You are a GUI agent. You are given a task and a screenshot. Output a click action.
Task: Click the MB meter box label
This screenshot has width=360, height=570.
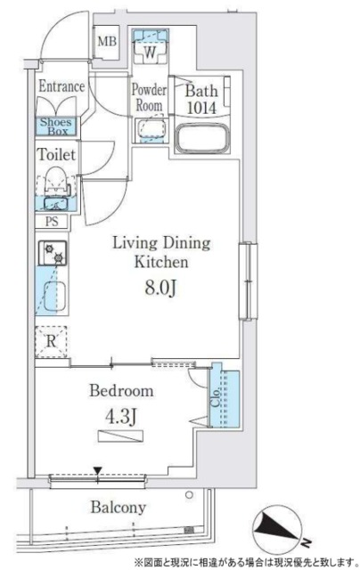(x=107, y=41)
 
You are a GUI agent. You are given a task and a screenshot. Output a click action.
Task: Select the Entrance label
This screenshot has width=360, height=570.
(x=61, y=86)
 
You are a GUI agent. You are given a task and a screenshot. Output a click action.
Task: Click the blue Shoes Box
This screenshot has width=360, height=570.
(x=56, y=126)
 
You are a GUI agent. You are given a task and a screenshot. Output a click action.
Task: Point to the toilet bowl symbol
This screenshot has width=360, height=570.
(x=55, y=182)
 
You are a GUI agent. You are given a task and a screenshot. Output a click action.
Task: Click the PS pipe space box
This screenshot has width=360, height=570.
(x=52, y=222)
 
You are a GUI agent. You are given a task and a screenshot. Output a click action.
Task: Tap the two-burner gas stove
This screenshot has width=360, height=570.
(x=53, y=253)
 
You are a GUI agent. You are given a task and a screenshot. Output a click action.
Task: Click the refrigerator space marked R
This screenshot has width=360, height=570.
(x=51, y=342)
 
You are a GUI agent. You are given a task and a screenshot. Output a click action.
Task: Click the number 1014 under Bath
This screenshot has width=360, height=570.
(x=201, y=108)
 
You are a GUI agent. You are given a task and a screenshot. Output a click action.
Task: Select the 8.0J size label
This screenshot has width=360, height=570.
(x=160, y=288)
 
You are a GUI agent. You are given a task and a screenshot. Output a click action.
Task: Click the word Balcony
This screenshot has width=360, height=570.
(x=119, y=508)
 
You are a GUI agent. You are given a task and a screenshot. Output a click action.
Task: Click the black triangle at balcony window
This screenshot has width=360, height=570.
(x=97, y=471)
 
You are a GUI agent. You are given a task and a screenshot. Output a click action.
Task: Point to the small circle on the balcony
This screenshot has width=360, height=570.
(x=189, y=495)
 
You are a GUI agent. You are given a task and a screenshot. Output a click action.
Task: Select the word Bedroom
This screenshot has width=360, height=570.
(x=121, y=391)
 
